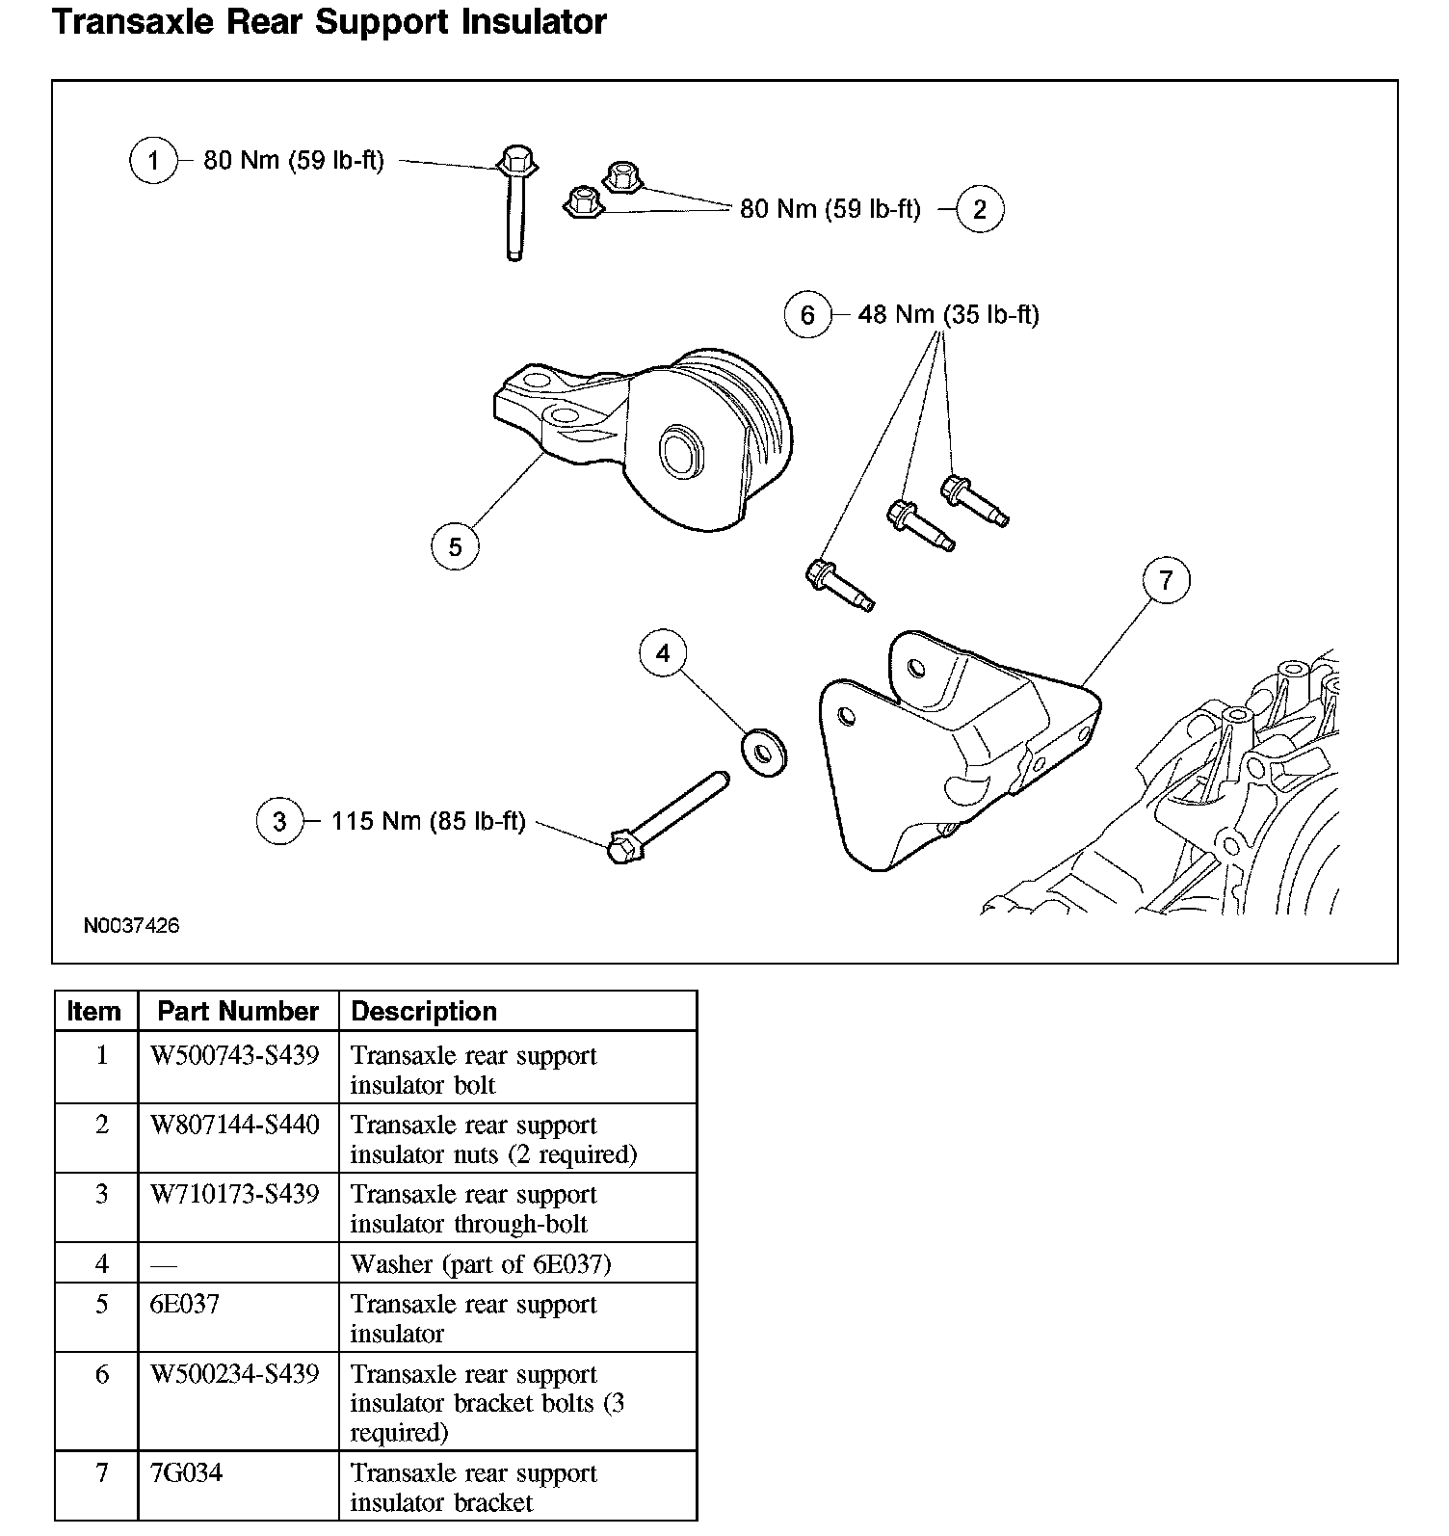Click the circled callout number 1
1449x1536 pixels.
click(x=153, y=160)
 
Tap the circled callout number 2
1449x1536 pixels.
click(x=980, y=209)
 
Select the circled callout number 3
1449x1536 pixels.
click(x=279, y=822)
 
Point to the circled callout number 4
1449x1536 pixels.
click(x=663, y=654)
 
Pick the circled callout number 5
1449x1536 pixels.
click(x=455, y=547)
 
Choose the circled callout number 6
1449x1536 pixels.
click(x=807, y=315)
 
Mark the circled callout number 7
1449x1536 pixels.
click(x=1167, y=581)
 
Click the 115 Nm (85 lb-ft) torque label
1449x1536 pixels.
click(x=429, y=821)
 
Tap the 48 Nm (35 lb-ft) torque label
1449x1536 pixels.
click(x=948, y=314)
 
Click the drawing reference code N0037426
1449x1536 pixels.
click(x=131, y=926)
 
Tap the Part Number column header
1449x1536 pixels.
click(x=238, y=1011)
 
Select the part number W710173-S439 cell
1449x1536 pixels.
click(x=235, y=1194)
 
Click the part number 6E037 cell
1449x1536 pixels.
click(x=185, y=1304)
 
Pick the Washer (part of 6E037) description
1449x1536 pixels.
click(x=481, y=1263)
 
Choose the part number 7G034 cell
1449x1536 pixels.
click(x=186, y=1472)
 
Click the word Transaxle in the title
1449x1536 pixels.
click(x=135, y=21)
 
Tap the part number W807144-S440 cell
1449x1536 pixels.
click(x=235, y=1125)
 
